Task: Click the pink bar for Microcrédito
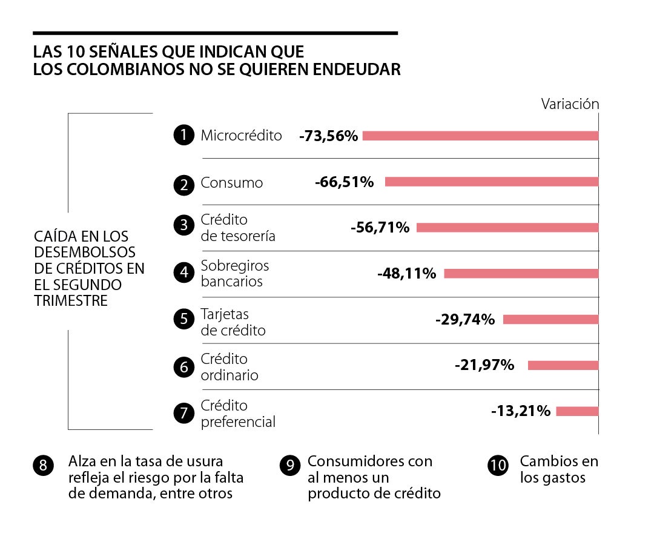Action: coord(480,136)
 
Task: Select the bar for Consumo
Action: coord(491,182)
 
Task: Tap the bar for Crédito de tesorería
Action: coord(507,228)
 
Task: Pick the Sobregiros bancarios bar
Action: coord(521,274)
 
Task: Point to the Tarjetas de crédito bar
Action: coord(550,320)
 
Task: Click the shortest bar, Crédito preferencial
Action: coord(577,412)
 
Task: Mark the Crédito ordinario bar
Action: coord(563,366)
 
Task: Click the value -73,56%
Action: coord(329,136)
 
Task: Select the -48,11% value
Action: coord(406,274)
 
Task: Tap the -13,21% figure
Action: coord(521,411)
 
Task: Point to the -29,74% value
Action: coord(465,319)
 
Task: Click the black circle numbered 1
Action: coord(183,136)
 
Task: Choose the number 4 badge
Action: coord(183,273)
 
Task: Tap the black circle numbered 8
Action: coord(42,465)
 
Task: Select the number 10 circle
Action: coord(498,465)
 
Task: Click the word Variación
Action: coord(570,104)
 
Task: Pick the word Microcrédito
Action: coord(241,136)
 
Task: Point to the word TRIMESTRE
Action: coord(71,300)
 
